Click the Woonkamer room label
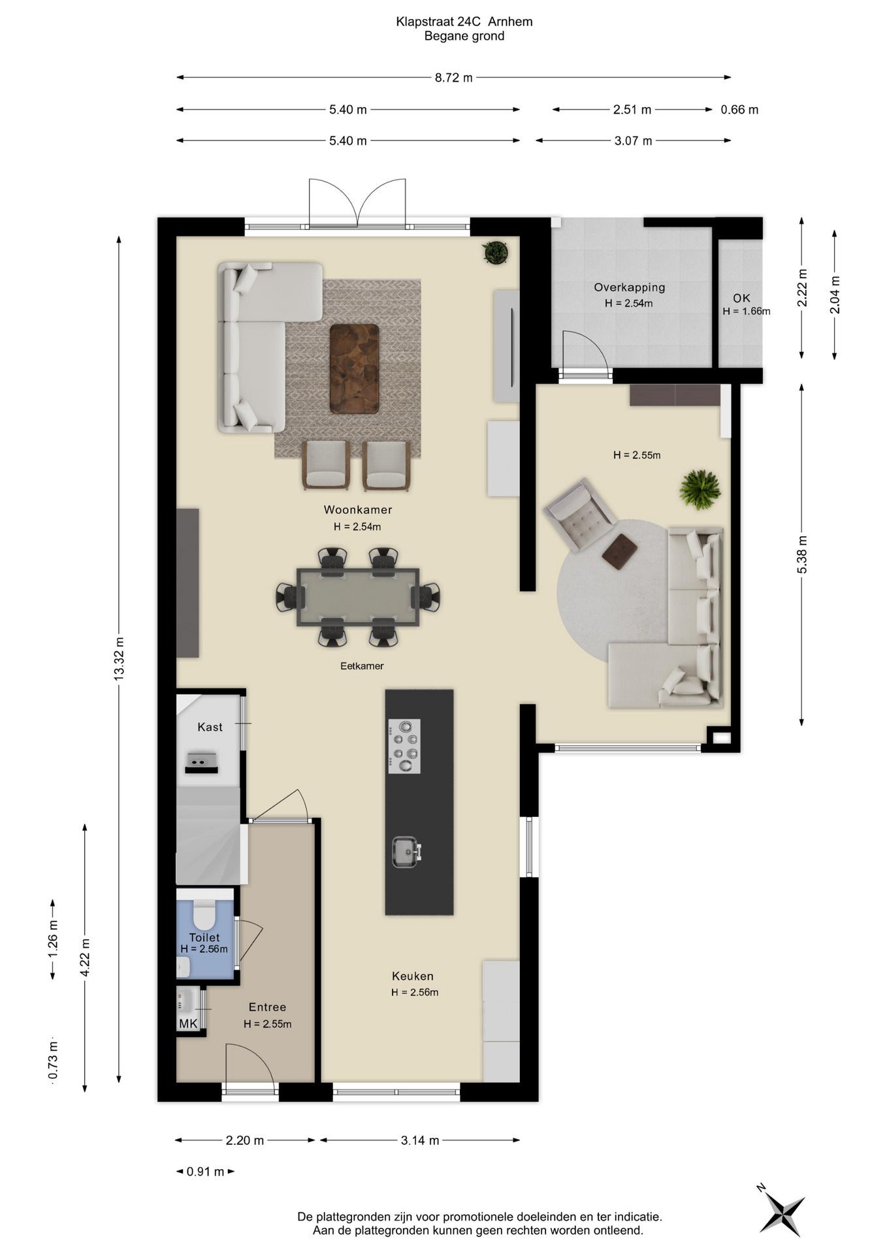[358, 509]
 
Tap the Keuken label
[413, 976]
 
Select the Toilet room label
[204, 937]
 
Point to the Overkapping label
[629, 287]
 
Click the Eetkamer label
[362, 666]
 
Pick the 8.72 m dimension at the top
[454, 78]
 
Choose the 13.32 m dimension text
[119, 658]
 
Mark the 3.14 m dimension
[419, 1140]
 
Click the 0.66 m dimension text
[739, 110]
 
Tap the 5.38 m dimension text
[802, 555]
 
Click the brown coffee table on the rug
[354, 368]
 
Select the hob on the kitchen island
[404, 746]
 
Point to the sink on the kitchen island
[406, 852]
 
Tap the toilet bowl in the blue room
[204, 915]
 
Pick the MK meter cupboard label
[188, 1023]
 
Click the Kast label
[210, 727]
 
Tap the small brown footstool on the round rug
[619, 551]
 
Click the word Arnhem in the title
[510, 22]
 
